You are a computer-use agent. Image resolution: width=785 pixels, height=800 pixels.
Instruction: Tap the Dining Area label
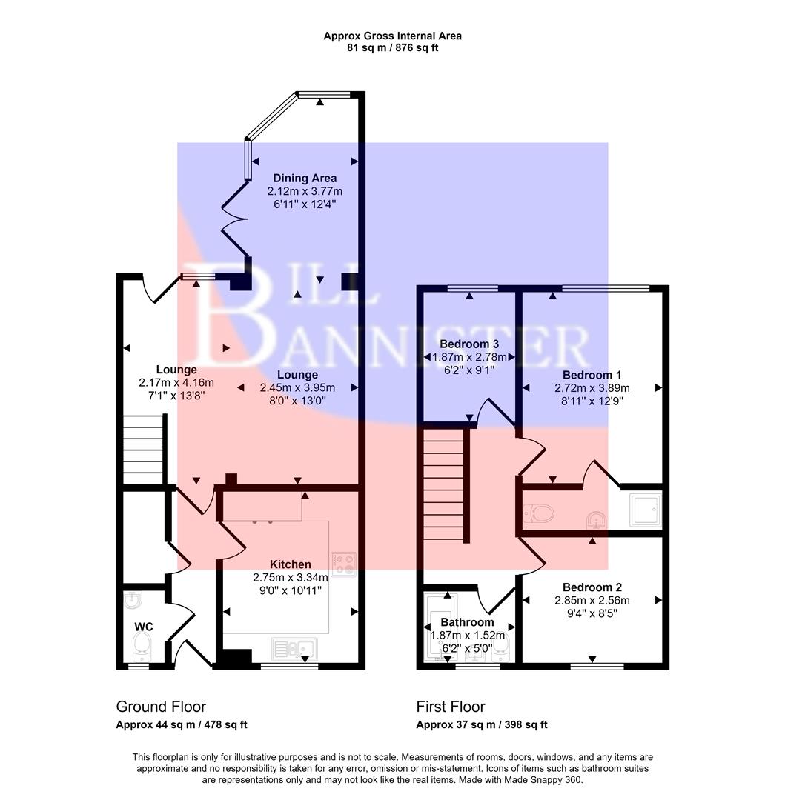pos(305,178)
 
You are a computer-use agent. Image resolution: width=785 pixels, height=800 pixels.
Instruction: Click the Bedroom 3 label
pos(469,344)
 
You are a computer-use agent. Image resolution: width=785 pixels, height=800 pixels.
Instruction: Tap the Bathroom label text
pos(467,622)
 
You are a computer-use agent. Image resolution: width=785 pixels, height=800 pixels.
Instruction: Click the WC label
pos(143,627)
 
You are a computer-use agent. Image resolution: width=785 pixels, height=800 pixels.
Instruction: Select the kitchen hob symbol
pos(344,564)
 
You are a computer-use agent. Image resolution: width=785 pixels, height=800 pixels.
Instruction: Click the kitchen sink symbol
pos(296,648)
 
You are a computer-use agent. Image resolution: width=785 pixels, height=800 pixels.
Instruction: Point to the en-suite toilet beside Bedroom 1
pos(539,513)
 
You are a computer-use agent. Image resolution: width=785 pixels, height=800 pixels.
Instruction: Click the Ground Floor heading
pos(161,707)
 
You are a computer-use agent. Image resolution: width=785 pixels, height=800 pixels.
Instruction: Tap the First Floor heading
pos(450,707)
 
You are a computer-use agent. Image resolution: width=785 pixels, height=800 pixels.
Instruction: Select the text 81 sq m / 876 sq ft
pos(392,48)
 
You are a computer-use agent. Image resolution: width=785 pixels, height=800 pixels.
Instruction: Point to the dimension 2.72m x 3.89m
pos(592,388)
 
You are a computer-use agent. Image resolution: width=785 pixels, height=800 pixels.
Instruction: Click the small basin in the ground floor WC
pos(133,599)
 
